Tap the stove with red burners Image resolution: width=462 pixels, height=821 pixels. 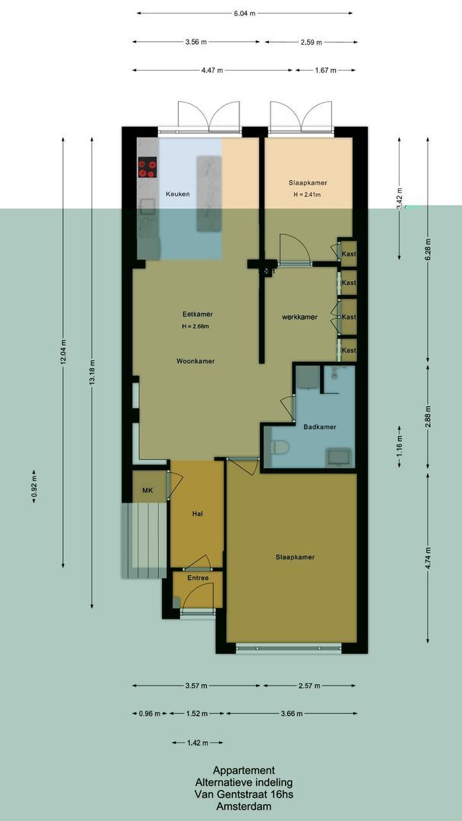(x=147, y=167)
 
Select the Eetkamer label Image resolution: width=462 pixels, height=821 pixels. (x=198, y=314)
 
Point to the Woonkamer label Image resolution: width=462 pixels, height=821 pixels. (x=195, y=361)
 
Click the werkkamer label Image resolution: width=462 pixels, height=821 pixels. (x=299, y=316)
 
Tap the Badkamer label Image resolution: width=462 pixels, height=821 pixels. (x=319, y=427)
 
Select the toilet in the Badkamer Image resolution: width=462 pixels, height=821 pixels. (x=279, y=448)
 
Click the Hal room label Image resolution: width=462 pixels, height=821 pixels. (x=197, y=514)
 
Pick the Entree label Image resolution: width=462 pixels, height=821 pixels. (x=198, y=578)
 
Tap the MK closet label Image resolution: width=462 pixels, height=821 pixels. (x=147, y=490)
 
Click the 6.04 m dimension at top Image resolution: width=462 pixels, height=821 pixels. (x=245, y=13)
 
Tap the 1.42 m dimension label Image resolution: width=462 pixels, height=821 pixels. (x=196, y=743)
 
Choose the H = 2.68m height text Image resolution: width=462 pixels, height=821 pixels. (x=195, y=327)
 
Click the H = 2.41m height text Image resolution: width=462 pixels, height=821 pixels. (x=307, y=195)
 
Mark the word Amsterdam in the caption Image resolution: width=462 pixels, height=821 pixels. (x=243, y=806)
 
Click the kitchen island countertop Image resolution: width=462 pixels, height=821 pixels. (x=207, y=194)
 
